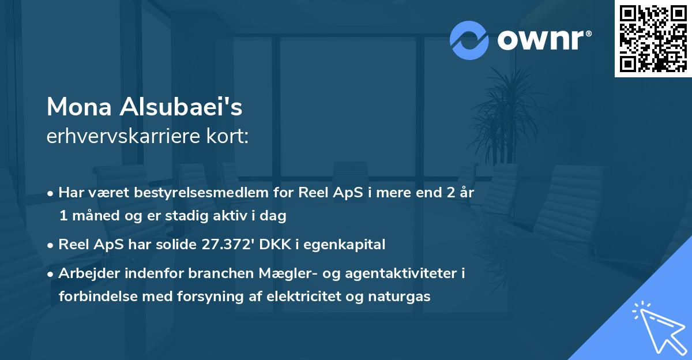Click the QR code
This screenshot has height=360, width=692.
click(x=653, y=39)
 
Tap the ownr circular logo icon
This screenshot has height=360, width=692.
click(x=469, y=40)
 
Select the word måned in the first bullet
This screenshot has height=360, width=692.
click(x=93, y=216)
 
